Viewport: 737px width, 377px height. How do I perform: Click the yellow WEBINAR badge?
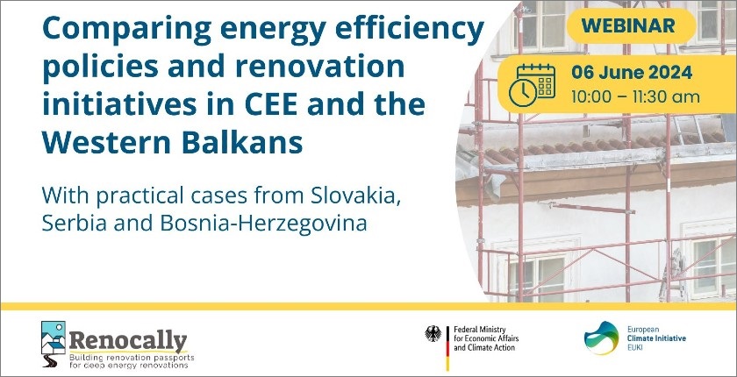pos(631,25)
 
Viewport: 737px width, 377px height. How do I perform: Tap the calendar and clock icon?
pos(532,85)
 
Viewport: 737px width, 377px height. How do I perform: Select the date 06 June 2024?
pos(631,73)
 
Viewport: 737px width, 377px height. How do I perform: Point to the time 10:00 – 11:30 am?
pos(635,97)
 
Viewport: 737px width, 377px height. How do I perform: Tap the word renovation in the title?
pos(319,68)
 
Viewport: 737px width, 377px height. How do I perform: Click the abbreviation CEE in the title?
pos(271,104)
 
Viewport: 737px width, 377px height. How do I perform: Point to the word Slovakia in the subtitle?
pos(355,196)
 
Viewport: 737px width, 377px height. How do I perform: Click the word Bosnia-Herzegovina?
pos(263,224)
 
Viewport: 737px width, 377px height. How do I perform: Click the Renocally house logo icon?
pos(54,344)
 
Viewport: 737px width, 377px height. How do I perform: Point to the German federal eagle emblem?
pos(433,333)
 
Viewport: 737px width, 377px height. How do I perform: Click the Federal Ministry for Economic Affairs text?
pos(485,338)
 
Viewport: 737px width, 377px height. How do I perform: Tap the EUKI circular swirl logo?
pos(601,338)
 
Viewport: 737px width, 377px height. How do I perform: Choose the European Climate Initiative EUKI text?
pos(656,338)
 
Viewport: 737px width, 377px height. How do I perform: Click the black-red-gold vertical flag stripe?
pos(447,348)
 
